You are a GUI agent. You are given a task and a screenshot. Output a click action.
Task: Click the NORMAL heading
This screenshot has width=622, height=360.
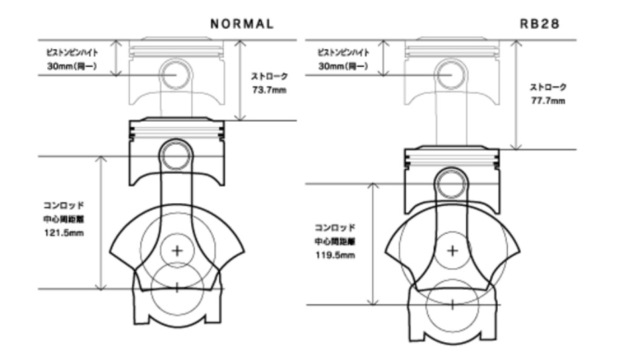point(241,24)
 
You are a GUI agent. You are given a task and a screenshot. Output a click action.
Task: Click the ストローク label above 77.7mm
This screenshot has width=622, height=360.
point(548,87)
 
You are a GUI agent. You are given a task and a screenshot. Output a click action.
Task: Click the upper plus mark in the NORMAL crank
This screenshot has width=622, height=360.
point(177,250)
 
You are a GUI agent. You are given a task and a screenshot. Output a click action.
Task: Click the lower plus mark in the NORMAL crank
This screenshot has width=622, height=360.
point(177,287)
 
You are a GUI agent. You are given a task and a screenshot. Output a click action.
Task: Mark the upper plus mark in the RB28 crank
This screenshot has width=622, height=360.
point(452,250)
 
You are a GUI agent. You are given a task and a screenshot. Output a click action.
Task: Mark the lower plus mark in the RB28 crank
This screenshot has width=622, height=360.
point(452,304)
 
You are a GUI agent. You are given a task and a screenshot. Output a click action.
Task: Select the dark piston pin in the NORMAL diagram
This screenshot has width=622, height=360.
point(177,155)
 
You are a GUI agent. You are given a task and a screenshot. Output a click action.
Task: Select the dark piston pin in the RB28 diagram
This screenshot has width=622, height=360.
point(451,182)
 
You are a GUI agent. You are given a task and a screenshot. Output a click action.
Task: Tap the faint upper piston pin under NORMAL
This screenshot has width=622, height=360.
point(177,73)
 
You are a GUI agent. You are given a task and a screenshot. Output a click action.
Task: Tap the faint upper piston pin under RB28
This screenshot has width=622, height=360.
point(451,73)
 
